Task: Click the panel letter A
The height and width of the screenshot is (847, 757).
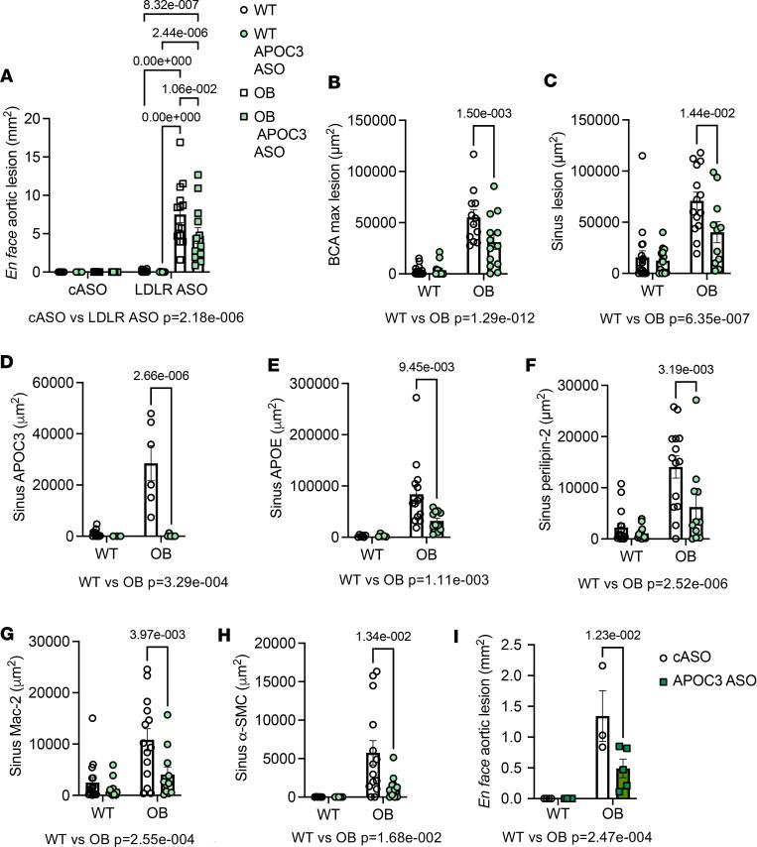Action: click(x=10, y=75)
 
